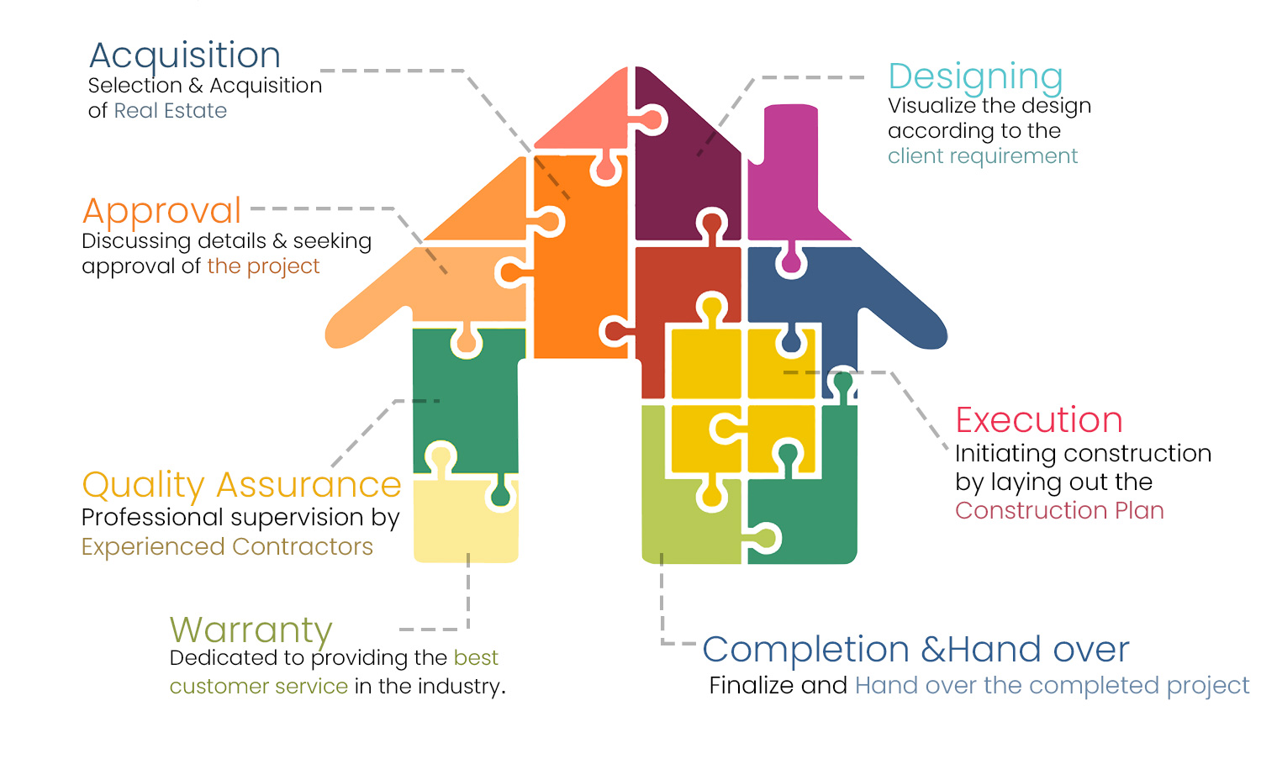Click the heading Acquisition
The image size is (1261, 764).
pos(185,56)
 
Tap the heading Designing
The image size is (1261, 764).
pos(975,77)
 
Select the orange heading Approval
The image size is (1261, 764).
pos(162,211)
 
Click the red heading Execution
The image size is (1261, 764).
pos(1039,420)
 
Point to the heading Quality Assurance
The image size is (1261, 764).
pos(241,486)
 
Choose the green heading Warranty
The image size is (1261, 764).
pos(251,630)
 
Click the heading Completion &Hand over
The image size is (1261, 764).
pos(915,650)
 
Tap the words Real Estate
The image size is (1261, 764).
pos(171,111)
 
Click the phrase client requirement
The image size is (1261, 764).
pos(983,156)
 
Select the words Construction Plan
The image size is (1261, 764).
pos(1059,511)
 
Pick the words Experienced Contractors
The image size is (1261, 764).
pos(227,547)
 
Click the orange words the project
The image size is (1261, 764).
pos(263,266)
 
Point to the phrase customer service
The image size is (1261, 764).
pos(259,687)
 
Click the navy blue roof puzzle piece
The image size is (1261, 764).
pos(849,294)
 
